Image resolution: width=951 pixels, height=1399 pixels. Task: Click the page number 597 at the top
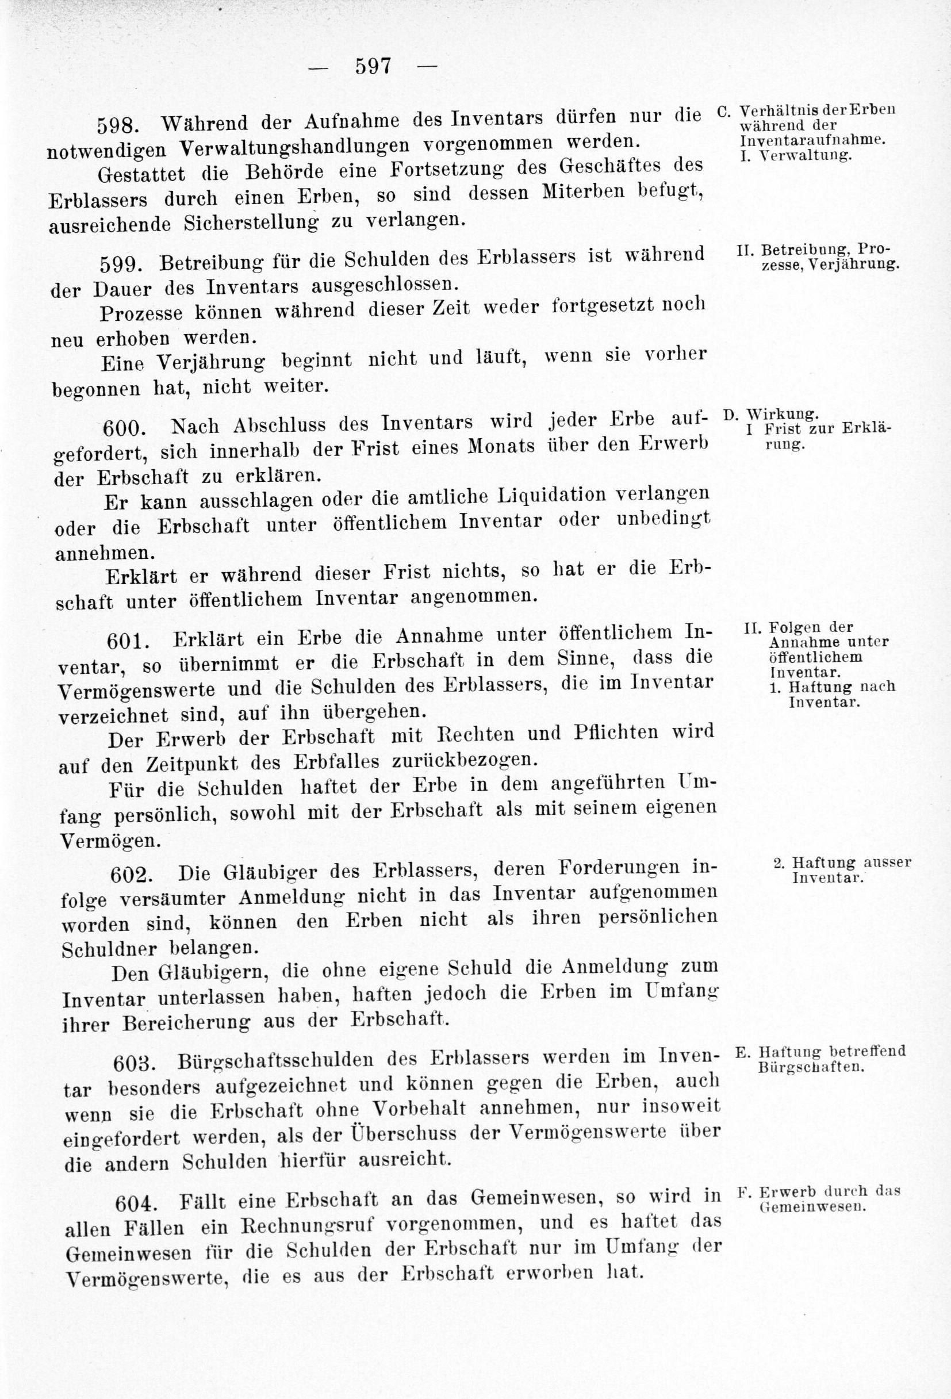373,66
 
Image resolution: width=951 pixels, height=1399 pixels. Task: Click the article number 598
118,125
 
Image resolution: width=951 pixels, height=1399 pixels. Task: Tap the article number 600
124,427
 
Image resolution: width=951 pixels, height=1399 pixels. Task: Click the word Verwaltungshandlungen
295,146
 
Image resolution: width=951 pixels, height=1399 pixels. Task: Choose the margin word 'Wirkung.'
782,414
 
